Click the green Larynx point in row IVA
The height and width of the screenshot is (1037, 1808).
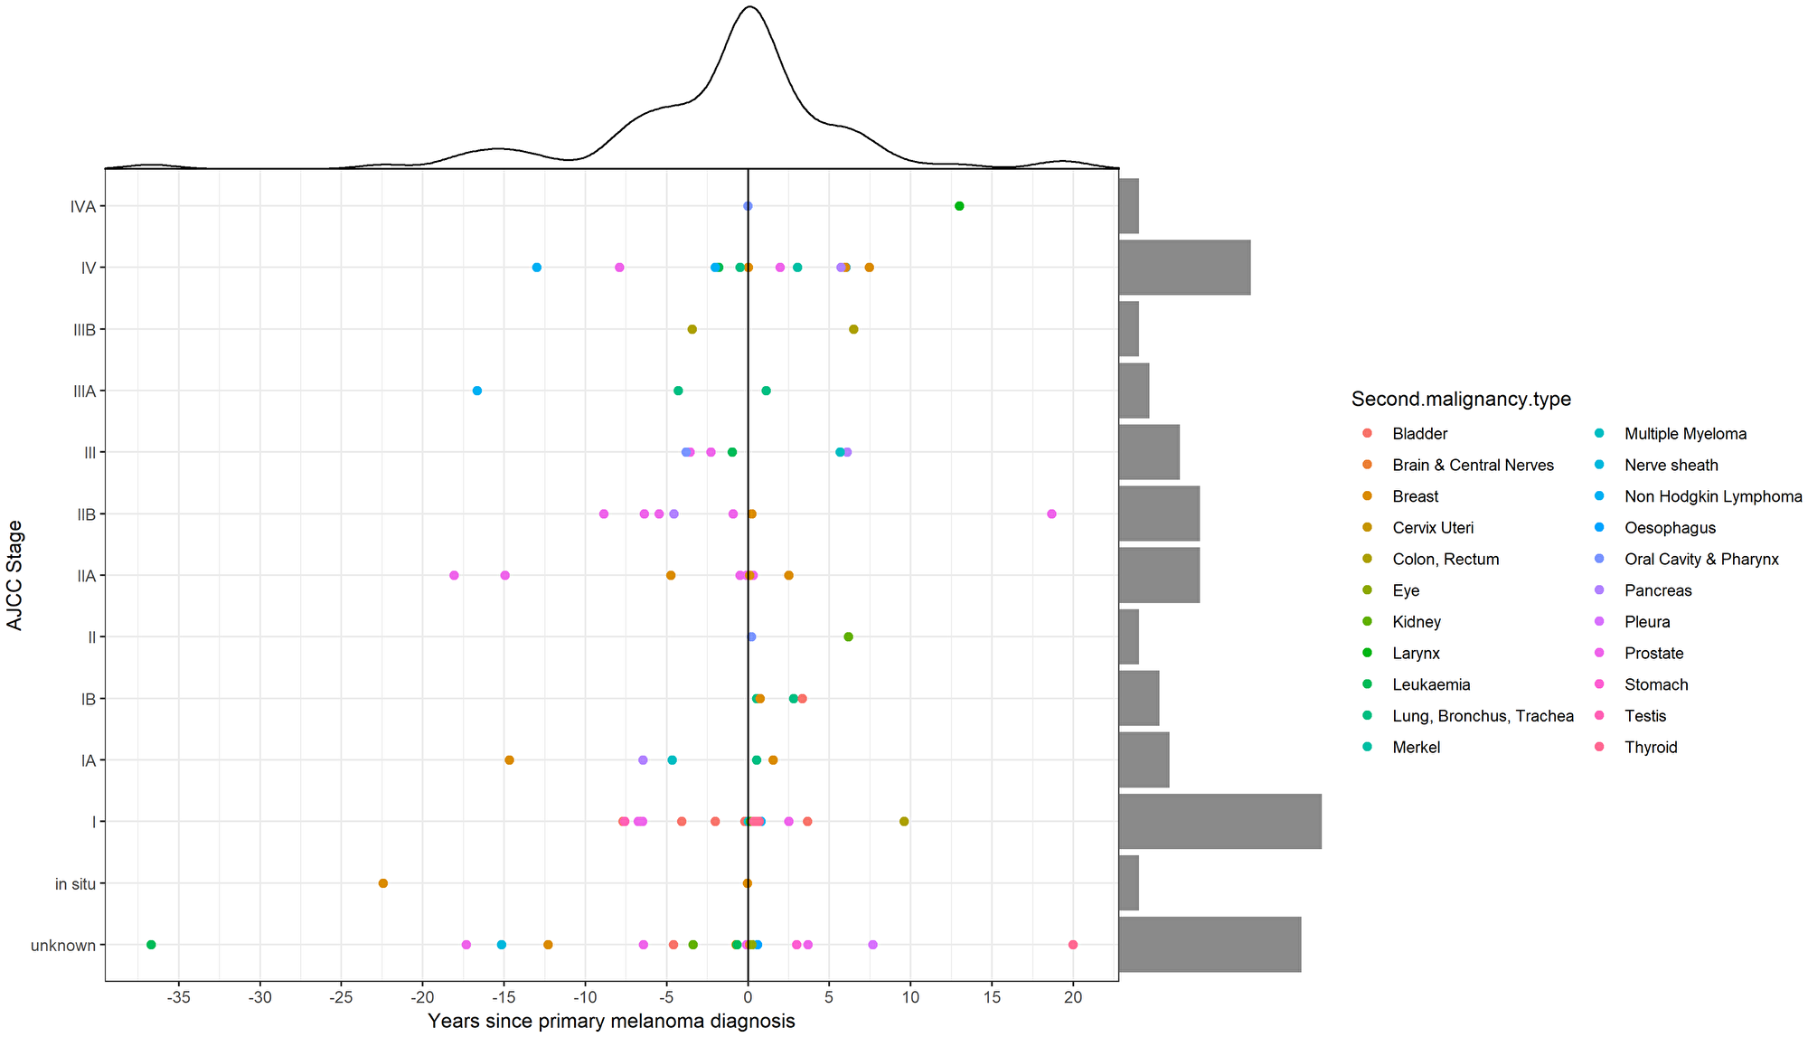[x=959, y=206]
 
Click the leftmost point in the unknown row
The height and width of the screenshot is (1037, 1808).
[x=151, y=945]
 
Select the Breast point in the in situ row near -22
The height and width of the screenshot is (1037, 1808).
[x=382, y=883]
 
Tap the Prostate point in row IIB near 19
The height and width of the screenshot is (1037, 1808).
[x=1051, y=514]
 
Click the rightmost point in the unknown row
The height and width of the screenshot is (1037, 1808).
[x=1073, y=945]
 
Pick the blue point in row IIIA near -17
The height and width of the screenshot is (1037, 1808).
[x=477, y=391]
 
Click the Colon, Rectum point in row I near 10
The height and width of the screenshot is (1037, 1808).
[x=904, y=822]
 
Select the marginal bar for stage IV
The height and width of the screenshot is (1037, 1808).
[x=1184, y=268]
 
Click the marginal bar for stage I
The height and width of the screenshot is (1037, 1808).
[x=1219, y=822]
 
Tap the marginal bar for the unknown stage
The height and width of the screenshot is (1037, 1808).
[x=1210, y=945]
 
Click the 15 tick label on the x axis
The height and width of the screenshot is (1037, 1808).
[x=992, y=997]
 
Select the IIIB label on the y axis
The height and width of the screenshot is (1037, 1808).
[x=84, y=330]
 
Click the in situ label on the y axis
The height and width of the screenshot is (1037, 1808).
[x=75, y=884]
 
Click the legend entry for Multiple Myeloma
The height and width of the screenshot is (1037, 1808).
[x=1685, y=434]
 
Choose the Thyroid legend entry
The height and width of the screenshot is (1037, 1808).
[x=1650, y=748]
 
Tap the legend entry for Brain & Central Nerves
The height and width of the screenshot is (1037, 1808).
[x=1473, y=466]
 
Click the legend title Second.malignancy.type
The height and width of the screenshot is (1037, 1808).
[x=1461, y=400]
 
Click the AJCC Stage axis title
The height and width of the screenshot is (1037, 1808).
[x=14, y=575]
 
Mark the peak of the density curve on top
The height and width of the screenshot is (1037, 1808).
[x=749, y=7]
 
